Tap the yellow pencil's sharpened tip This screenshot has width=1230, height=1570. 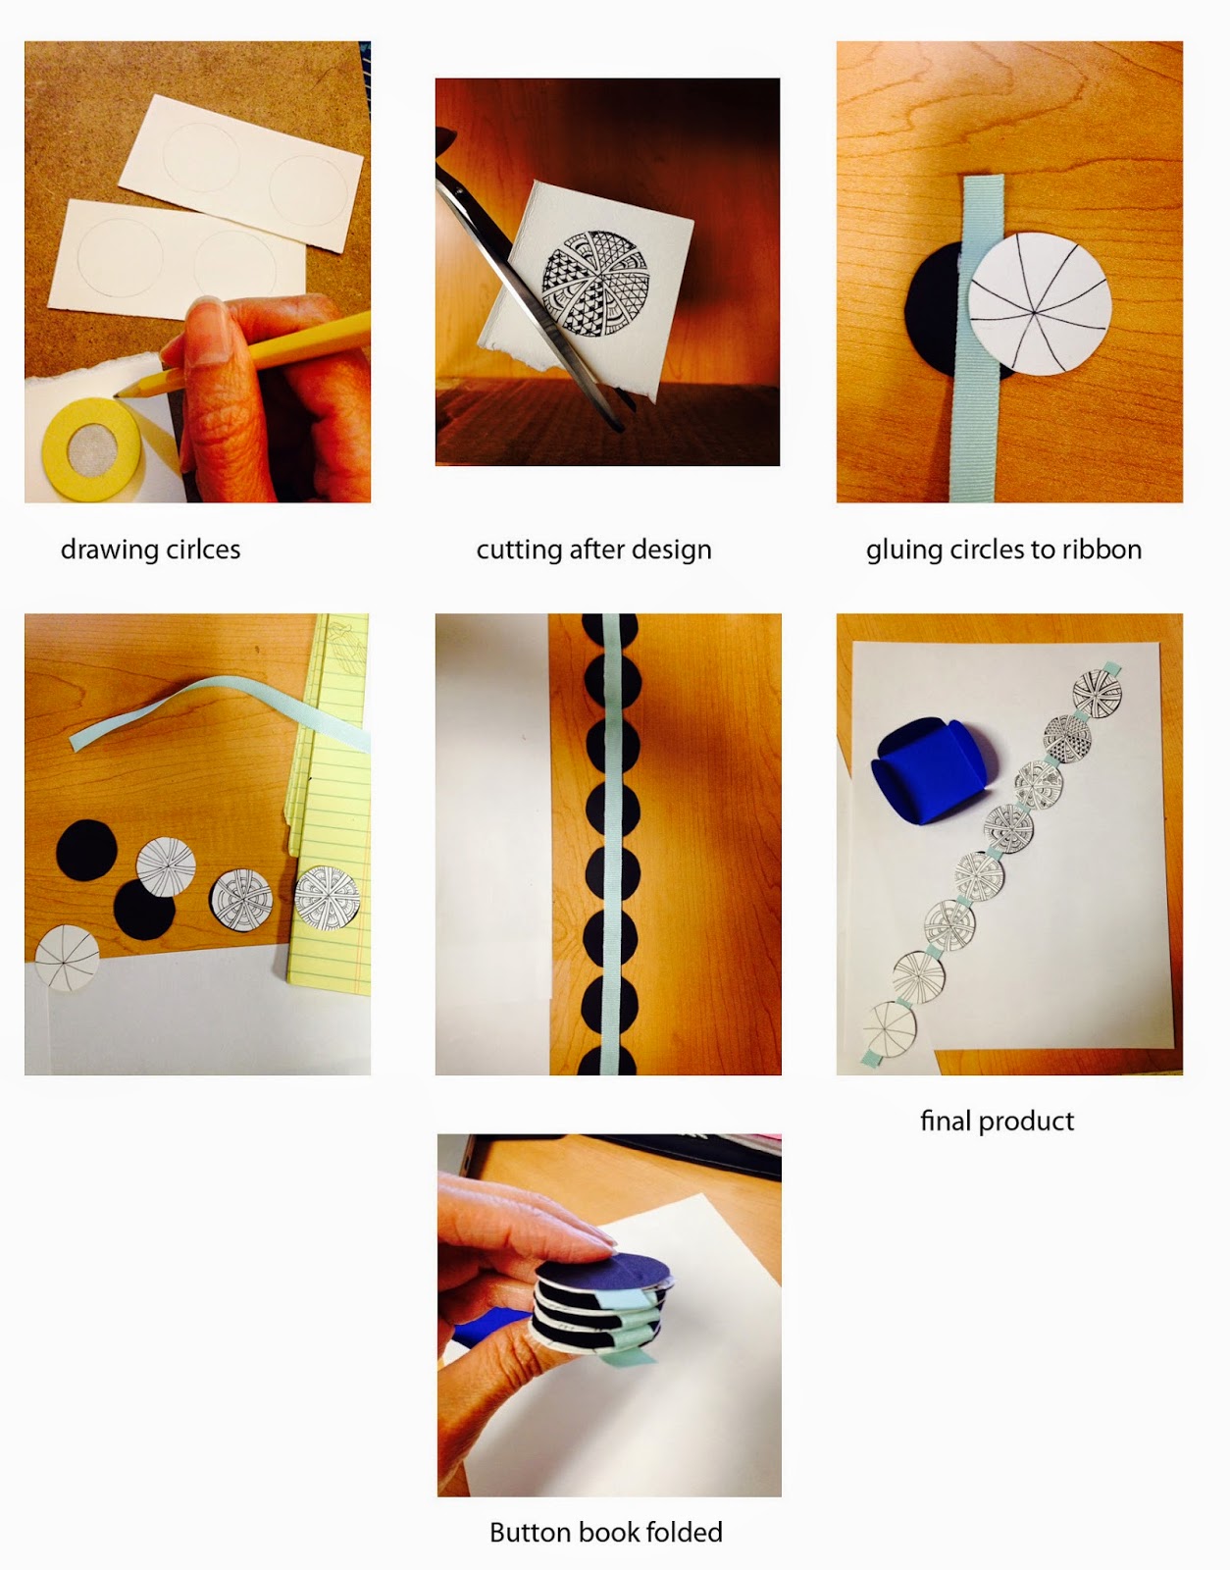point(117,395)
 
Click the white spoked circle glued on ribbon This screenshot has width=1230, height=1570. point(1040,304)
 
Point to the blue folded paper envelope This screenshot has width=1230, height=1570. point(933,768)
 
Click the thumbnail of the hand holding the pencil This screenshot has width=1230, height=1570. point(197,272)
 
